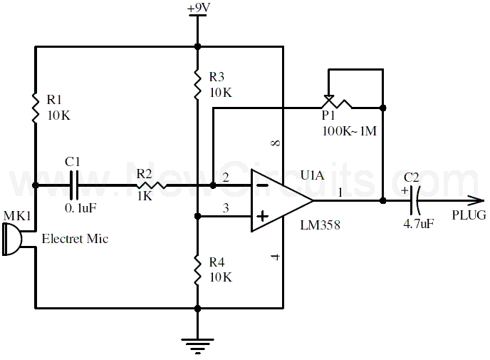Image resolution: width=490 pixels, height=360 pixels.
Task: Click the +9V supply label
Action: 199,8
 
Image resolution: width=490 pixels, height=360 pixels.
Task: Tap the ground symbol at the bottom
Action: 197,346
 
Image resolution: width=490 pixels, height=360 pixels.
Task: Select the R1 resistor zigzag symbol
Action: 36,107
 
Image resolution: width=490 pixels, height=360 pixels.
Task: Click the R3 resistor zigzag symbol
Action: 197,84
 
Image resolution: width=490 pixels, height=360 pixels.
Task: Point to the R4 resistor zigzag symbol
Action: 197,269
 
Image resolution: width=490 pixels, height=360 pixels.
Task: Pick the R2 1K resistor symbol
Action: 151,185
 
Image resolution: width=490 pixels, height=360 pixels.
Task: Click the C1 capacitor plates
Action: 74,185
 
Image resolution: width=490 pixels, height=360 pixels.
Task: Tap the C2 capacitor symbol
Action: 414,200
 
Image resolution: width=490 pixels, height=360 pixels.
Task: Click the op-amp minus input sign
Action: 263,185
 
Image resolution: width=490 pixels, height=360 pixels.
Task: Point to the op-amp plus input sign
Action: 263,216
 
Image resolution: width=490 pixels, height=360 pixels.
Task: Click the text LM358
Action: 320,225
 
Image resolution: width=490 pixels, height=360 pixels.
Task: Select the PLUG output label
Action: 469,215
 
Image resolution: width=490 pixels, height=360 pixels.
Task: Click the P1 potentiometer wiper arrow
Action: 328,97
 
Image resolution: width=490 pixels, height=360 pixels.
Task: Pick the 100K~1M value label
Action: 350,130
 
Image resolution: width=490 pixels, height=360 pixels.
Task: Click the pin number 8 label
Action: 276,143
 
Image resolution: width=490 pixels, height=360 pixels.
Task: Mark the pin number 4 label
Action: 276,257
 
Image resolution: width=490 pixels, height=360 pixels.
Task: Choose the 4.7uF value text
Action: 419,224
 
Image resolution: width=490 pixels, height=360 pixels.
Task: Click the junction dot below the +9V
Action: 197,46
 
